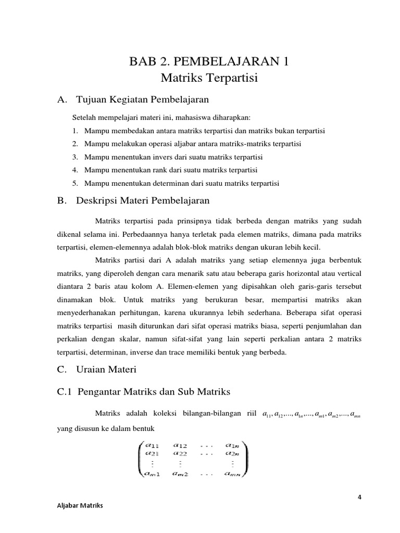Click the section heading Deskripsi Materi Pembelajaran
click(x=143, y=200)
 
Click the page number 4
click(x=359, y=497)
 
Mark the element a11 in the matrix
click(x=152, y=445)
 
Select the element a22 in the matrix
click(x=186, y=453)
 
